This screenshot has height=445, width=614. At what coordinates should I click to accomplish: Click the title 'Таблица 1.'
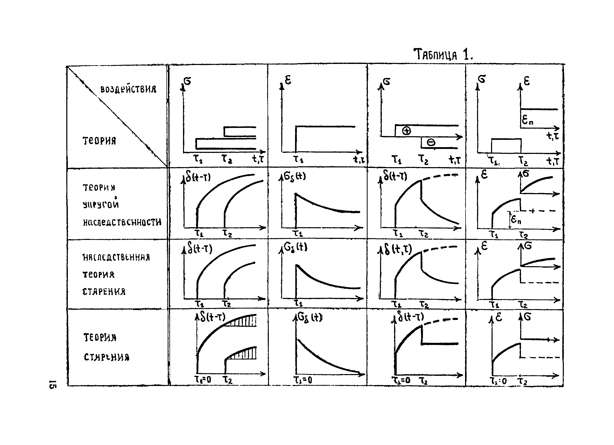pos(443,54)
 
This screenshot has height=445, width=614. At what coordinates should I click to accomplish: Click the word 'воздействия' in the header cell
pos(128,89)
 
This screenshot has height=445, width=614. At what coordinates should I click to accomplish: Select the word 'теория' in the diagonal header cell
pos(99,141)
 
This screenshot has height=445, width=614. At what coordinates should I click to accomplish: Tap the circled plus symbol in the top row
pos(406,131)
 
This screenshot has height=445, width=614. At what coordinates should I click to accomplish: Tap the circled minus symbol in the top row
pos(431,142)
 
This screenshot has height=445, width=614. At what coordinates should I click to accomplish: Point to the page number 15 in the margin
pos(53,384)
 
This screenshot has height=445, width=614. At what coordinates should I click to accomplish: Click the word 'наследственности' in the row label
pos(122,222)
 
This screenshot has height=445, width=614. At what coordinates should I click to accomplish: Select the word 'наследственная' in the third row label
pos(116,257)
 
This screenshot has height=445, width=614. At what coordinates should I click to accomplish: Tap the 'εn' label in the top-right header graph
pos(527,120)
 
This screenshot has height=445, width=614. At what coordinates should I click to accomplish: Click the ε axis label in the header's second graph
pos(288,80)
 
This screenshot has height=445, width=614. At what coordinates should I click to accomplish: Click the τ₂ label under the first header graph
pos(227,159)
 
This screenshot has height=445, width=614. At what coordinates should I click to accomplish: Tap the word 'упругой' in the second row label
pos(101,204)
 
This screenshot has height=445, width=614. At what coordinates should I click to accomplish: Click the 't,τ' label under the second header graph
pos(359,160)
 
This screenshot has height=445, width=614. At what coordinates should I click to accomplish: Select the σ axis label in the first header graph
pos(187,81)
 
